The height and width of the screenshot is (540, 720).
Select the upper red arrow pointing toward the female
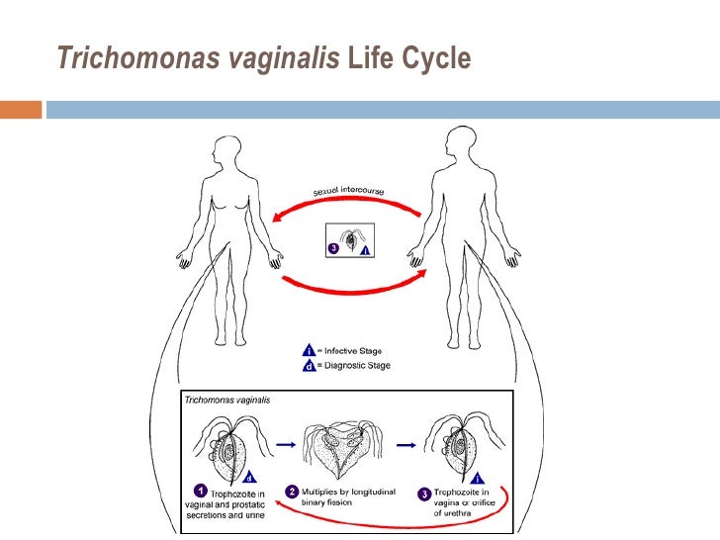[346, 203]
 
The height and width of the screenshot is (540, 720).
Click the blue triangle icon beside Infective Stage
[309, 350]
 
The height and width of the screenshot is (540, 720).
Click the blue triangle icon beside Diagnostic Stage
[309, 365]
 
